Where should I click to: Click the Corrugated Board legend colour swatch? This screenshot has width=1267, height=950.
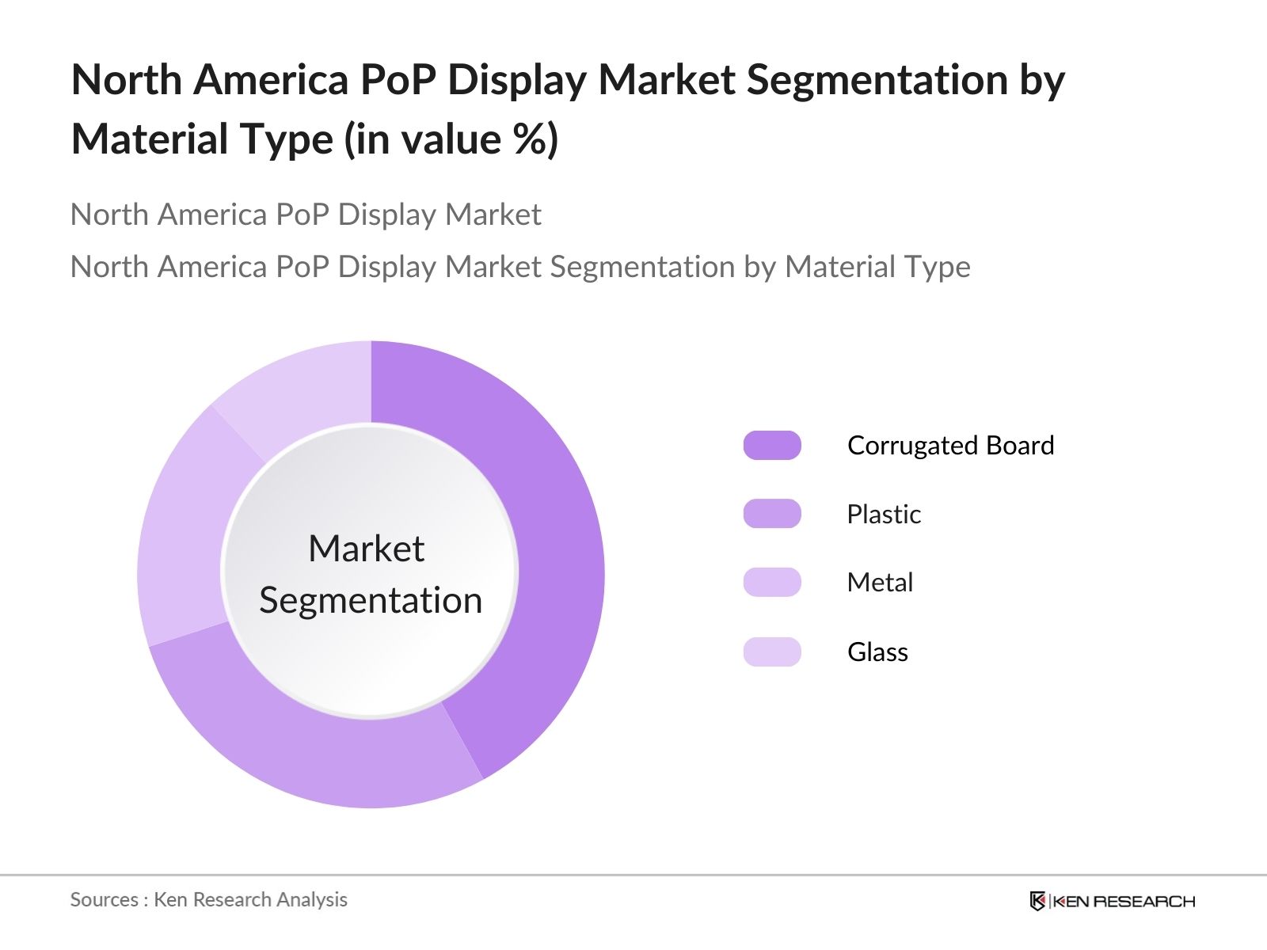772,446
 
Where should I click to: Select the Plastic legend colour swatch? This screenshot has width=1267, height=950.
772,514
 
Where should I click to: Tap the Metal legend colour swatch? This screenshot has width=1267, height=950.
772,583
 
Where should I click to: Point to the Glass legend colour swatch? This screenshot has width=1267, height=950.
772,652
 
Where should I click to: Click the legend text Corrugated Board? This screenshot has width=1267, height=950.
950,446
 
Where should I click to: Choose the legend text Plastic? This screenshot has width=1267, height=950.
884,515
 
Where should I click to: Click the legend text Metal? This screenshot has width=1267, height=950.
880,583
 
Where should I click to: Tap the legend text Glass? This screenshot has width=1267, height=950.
877,652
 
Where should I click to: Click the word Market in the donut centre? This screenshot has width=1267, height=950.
367,549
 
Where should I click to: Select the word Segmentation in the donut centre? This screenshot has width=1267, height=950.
371,600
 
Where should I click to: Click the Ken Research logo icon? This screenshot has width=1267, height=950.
1037,901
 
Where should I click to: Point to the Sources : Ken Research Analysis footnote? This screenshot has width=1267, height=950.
209,899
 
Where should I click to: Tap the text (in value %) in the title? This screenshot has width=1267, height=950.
451,139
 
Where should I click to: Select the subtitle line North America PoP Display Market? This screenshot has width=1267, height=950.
306,215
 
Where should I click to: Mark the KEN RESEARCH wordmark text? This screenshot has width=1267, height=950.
1124,901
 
